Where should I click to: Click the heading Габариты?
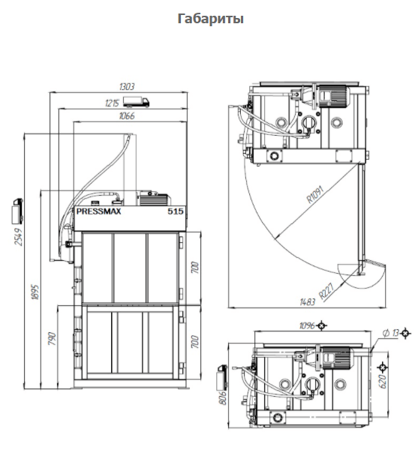(x=211, y=19)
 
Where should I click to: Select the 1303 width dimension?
(x=126, y=86)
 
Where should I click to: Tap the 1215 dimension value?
(x=112, y=103)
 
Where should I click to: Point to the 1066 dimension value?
(x=127, y=116)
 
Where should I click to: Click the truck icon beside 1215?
(x=137, y=102)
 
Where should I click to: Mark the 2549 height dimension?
(x=18, y=237)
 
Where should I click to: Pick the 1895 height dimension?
(x=35, y=292)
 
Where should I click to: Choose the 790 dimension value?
(x=52, y=339)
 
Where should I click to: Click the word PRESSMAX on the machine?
(x=98, y=211)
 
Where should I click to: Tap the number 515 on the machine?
(x=176, y=211)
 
